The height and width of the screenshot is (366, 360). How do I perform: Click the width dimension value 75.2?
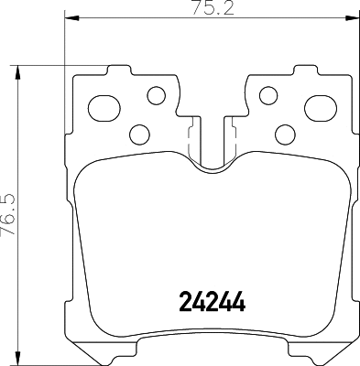click(x=211, y=10)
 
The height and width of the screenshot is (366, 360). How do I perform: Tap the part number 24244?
click(x=211, y=301)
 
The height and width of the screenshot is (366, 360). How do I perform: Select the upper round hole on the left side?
click(x=156, y=93)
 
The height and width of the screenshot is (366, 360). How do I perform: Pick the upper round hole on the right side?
click(x=268, y=93)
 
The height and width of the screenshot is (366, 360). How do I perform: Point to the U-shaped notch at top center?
click(x=212, y=156)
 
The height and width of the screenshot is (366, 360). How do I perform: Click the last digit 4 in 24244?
click(x=242, y=301)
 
